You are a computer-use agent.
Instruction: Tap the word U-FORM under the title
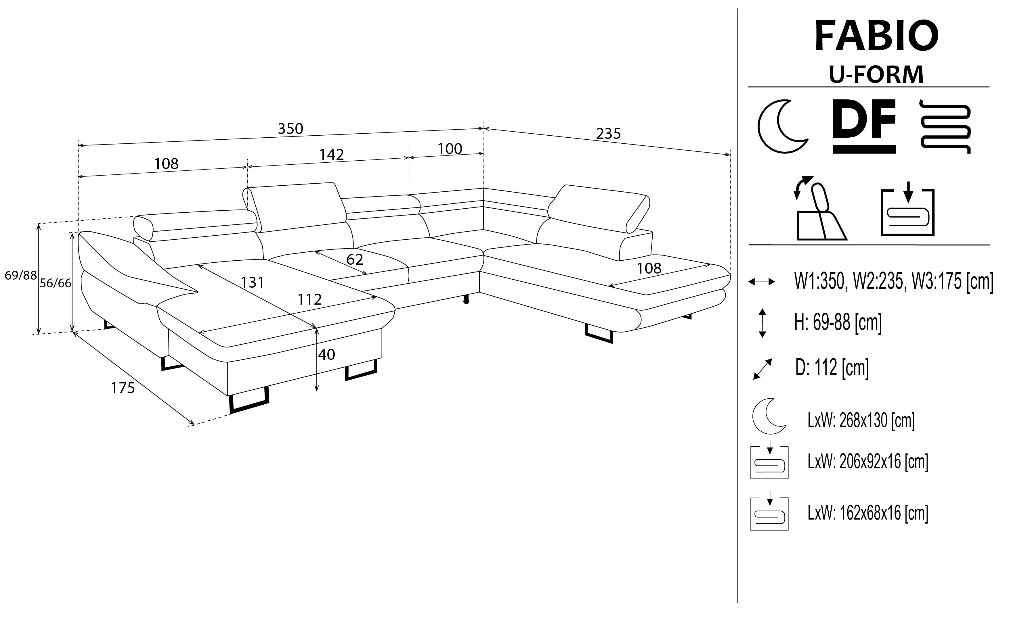[x=876, y=74]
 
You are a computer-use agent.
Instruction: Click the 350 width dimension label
[x=290, y=129]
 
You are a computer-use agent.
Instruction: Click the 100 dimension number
[x=450, y=149]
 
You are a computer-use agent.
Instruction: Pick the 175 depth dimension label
[x=123, y=388]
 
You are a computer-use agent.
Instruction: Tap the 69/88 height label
[x=20, y=275]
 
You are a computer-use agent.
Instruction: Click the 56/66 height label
[x=56, y=283]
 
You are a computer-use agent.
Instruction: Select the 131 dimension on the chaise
[x=252, y=282]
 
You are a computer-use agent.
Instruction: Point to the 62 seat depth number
[x=354, y=259]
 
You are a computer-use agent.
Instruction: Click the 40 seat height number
[x=326, y=354]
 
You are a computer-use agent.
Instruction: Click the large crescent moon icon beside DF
[x=782, y=126]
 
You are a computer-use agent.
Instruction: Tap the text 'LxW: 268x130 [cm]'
[x=861, y=421]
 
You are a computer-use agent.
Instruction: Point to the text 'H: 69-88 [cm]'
[x=838, y=322]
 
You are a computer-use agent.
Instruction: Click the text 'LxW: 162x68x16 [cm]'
[x=867, y=513]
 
